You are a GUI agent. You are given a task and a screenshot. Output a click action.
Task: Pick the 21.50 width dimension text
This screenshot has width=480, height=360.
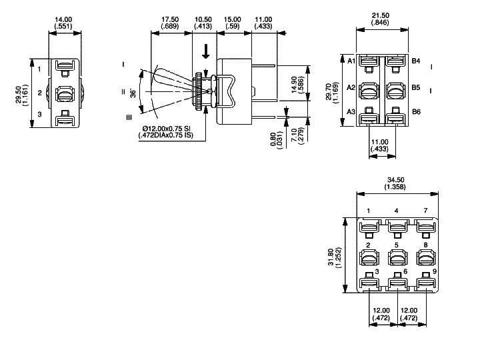382,14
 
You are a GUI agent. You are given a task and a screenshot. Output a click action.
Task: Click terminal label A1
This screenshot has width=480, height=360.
351,61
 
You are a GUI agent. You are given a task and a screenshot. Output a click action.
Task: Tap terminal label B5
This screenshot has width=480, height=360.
415,87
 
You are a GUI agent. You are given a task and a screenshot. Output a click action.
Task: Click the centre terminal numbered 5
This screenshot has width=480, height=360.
397,245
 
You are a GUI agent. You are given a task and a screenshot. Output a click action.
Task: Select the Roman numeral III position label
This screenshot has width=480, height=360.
129,118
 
